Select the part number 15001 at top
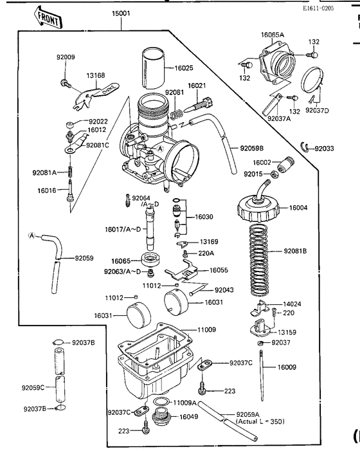point(121,13)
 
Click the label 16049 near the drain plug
point(189,417)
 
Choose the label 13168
point(95,75)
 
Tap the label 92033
point(324,149)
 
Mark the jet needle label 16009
point(287,367)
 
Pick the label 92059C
point(33,388)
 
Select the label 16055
point(219,271)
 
